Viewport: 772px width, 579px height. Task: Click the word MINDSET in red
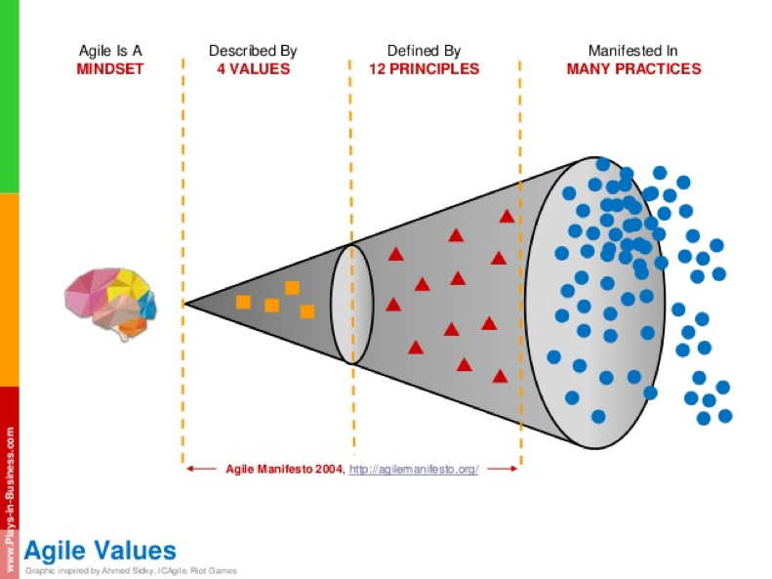[x=110, y=69]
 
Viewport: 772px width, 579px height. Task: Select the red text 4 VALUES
[x=253, y=69]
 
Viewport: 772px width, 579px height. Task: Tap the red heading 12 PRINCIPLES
[x=424, y=69]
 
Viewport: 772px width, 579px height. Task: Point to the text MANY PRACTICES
[x=633, y=69]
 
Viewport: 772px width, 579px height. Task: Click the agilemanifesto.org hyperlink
[x=413, y=470]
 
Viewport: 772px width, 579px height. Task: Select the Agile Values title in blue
[x=100, y=549]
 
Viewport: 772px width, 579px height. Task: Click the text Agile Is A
[x=110, y=51]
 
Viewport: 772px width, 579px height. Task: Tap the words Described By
[x=253, y=51]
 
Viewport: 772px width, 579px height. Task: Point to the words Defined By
[x=424, y=51]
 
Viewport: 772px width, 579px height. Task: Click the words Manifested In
[x=633, y=51]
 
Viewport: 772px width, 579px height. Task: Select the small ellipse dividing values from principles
[x=351, y=303]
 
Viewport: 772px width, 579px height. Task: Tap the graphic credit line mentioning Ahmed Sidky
[x=131, y=570]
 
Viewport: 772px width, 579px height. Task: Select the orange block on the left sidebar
[x=10, y=289]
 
